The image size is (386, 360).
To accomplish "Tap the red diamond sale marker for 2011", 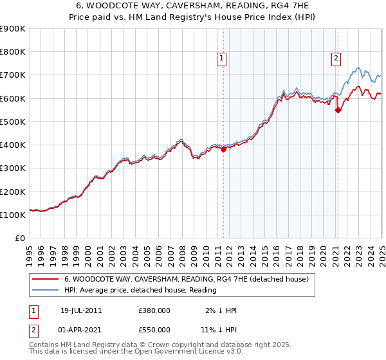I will [223, 150].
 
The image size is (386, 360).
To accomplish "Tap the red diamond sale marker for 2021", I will [338, 110].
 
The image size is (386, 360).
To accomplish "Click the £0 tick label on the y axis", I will [19, 238].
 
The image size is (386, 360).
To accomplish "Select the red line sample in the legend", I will [46, 279].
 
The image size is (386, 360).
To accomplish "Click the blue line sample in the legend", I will [46, 291].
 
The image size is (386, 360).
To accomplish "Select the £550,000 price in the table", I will [154, 331].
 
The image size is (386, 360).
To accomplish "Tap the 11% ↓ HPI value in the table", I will [218, 331].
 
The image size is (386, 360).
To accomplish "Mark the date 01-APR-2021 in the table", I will [81, 331].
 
